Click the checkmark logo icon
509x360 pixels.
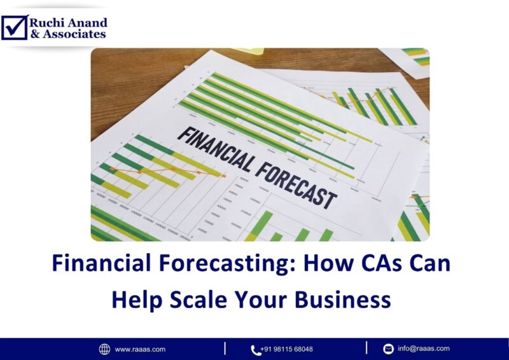pyautogui.click(x=14, y=27)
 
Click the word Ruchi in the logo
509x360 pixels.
pyautogui.click(x=46, y=22)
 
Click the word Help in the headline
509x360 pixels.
pyautogui.click(x=135, y=298)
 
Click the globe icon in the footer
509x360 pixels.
pyautogui.click(x=104, y=349)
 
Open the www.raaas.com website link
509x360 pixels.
pyautogui.click(x=140, y=349)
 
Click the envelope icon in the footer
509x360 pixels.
pyautogui.click(x=388, y=349)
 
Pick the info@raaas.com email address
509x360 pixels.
pyautogui.click(x=423, y=349)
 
